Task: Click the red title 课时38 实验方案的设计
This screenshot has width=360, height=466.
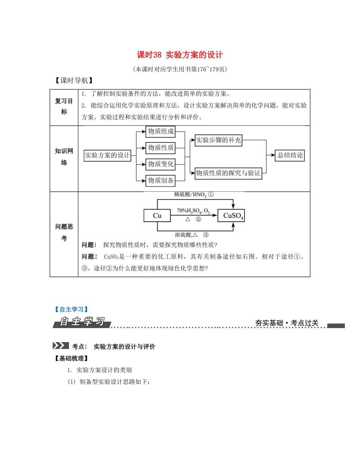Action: coord(180,55)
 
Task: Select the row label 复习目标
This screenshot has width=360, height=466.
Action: coord(64,106)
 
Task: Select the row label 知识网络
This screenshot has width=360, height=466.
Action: coord(64,157)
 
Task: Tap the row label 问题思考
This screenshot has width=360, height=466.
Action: coord(64,232)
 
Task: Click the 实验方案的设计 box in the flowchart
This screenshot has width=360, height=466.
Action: coord(107,155)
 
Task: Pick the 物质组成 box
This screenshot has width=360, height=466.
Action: coord(161,132)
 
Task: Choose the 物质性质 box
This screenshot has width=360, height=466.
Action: coord(161,148)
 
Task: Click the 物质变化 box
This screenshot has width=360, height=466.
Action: coord(161,164)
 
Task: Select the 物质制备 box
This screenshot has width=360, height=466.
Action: coord(161,181)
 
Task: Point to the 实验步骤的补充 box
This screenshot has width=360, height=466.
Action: coord(218,140)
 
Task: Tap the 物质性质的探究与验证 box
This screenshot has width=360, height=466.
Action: coord(228,173)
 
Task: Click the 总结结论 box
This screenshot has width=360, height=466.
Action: coord(290,155)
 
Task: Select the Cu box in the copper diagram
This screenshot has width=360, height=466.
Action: coord(157,216)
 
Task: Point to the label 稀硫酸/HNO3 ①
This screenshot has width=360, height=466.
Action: coord(194,195)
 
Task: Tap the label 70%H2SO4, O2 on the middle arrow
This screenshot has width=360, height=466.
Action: coord(193,211)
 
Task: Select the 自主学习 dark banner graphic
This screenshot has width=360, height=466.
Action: coord(82,322)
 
